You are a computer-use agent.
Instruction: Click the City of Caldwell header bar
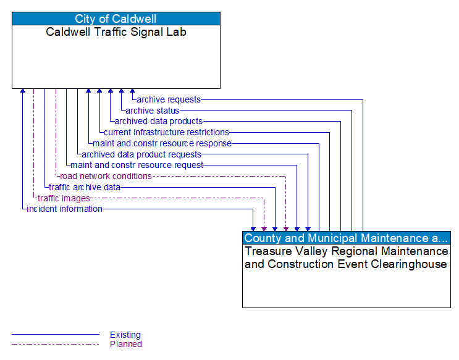coord(116,19)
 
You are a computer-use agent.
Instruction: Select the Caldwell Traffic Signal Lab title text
coord(116,32)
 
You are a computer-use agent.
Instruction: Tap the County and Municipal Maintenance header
coord(346,238)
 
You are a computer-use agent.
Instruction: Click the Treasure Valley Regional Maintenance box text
coord(346,257)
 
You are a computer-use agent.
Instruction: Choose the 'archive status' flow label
coord(152,111)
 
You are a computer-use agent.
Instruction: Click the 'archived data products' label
coord(158,121)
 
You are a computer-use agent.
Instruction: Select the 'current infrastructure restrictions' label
coord(166,132)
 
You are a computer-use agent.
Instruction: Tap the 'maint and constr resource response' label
coord(162,143)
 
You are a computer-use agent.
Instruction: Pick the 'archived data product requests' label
coord(141,154)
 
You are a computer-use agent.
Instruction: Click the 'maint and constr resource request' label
coord(137,165)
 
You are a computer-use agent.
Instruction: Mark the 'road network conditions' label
coord(106,176)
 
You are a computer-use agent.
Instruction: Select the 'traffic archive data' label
coord(85,187)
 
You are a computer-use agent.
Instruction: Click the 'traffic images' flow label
coord(64,198)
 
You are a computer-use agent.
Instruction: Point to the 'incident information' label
coord(64,209)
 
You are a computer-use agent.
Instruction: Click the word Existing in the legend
coord(125,335)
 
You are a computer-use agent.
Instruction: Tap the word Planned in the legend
coord(125,344)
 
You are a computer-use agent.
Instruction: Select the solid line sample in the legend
coord(56,335)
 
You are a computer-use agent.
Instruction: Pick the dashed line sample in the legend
coord(56,344)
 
